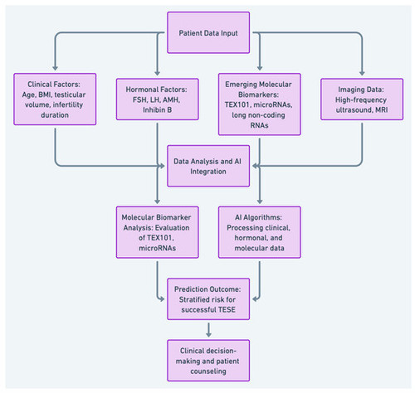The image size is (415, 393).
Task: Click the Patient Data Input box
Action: point(208,32)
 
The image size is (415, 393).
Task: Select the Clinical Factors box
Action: point(55,99)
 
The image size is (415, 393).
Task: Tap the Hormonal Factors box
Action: point(157,99)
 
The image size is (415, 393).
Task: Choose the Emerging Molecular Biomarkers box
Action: point(259,104)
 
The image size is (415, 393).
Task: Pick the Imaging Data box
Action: point(362,99)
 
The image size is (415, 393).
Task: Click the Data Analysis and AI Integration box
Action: point(208,166)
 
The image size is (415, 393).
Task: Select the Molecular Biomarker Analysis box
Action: point(157,232)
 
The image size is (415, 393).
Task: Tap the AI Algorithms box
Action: point(259,232)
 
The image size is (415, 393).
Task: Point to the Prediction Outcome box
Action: point(208,299)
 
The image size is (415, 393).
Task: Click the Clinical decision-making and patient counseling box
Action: point(208,361)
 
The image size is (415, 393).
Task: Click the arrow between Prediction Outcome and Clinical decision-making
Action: point(208,330)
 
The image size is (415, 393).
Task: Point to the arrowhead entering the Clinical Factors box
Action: point(55,68)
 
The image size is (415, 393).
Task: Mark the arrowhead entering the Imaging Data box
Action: point(362,73)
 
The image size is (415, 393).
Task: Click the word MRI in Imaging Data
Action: point(381,109)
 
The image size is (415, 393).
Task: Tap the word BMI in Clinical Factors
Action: point(44,95)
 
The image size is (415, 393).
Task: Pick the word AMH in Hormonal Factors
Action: point(171,99)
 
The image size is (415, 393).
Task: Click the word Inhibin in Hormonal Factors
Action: point(154,109)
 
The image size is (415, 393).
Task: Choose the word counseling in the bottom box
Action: point(208,371)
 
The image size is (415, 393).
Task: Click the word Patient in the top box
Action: point(189,33)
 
